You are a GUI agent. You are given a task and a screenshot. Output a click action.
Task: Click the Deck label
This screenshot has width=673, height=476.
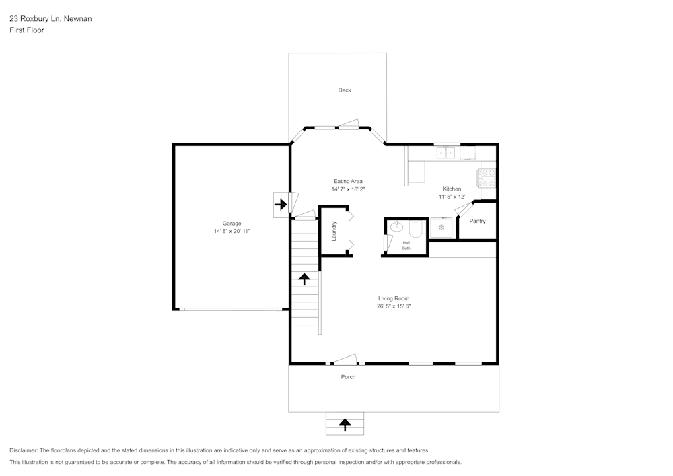344,90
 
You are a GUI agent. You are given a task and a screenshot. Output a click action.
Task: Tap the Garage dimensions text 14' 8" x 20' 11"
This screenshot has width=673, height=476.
232,232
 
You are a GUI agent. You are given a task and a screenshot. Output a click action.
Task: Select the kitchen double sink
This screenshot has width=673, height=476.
446,154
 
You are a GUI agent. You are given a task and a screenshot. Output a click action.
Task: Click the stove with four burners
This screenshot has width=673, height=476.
487,178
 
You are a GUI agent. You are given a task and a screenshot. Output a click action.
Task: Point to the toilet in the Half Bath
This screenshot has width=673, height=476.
415,230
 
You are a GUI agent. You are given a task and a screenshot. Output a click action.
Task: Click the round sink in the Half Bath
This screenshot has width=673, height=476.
396,227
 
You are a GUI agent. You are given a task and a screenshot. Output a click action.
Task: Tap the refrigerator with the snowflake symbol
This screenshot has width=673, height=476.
441,228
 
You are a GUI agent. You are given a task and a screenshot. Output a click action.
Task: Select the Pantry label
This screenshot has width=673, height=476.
477,222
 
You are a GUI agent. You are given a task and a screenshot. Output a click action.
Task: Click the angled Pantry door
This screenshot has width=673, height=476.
464,209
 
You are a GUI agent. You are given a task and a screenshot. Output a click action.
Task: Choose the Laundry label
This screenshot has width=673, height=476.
334,231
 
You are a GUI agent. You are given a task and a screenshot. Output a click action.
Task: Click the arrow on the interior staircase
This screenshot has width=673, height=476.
304,278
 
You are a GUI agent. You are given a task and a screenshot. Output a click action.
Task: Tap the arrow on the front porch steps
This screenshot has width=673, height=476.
345,424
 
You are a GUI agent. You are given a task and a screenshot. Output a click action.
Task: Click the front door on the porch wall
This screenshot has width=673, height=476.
345,360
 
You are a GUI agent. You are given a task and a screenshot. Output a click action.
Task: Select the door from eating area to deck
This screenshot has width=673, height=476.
349,125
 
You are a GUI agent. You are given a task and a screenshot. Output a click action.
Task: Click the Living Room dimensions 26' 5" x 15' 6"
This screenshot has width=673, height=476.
393,306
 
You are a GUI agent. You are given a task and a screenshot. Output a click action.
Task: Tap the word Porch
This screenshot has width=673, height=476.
348,377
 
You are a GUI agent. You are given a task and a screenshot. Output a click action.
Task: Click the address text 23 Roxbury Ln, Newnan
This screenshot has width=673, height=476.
50,19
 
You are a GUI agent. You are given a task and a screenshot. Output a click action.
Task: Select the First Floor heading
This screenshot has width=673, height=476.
27,30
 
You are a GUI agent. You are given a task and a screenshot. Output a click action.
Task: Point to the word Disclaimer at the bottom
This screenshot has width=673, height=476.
24,450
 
